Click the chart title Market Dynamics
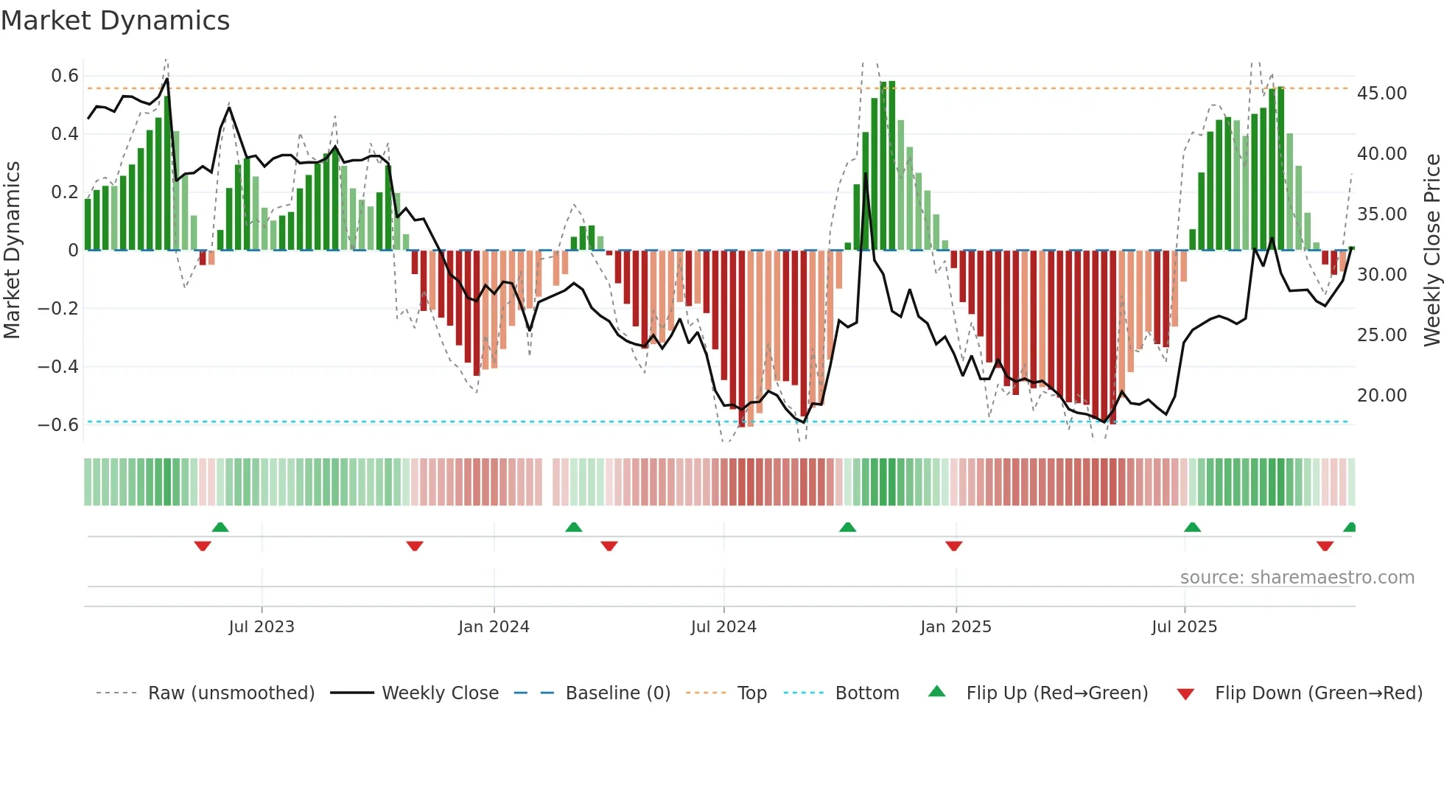pyautogui.click(x=115, y=21)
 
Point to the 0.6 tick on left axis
pyautogui.click(x=65, y=76)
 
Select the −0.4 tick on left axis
pyautogui.click(x=58, y=366)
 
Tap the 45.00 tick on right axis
pyautogui.click(x=1382, y=94)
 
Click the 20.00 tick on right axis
pyautogui.click(x=1382, y=396)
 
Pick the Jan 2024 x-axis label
pyautogui.click(x=494, y=627)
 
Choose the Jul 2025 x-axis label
pyautogui.click(x=1185, y=627)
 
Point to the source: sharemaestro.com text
pyautogui.click(x=1297, y=578)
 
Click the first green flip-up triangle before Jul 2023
pyautogui.click(x=220, y=527)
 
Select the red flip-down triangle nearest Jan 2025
pyautogui.click(x=954, y=546)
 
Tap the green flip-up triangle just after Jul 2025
pyautogui.click(x=1193, y=527)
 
